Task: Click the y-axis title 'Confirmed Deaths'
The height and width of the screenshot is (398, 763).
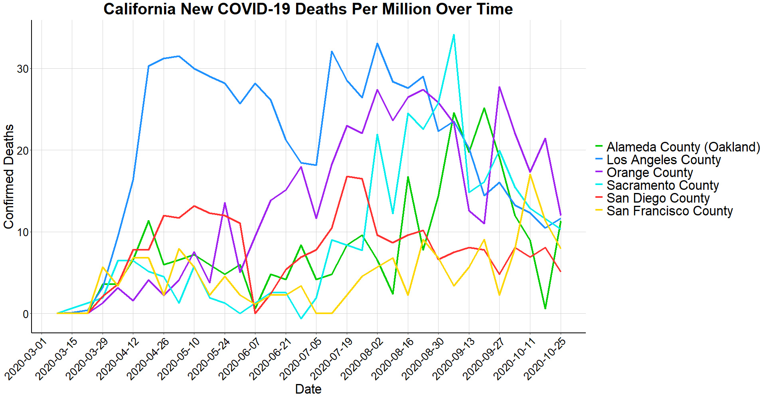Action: [9, 176]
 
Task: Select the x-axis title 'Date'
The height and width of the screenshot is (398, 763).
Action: [308, 389]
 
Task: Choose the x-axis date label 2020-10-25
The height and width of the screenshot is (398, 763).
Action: [546, 359]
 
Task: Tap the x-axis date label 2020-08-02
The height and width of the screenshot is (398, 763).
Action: [362, 359]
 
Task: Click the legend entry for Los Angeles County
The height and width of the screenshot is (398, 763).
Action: [664, 160]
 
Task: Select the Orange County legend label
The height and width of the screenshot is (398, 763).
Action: [650, 173]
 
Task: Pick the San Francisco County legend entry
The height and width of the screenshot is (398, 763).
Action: [670, 211]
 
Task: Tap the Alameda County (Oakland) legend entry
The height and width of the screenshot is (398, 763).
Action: [683, 147]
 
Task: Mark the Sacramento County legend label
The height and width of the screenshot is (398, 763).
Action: [662, 185]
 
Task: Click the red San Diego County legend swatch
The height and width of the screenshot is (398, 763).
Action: [599, 198]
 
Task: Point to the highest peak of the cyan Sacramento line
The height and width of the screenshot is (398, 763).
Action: [454, 35]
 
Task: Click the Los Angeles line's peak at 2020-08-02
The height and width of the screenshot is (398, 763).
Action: [377, 44]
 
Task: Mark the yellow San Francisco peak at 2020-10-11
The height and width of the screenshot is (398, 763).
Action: [530, 175]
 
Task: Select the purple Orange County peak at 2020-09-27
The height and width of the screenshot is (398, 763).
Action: [499, 87]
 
